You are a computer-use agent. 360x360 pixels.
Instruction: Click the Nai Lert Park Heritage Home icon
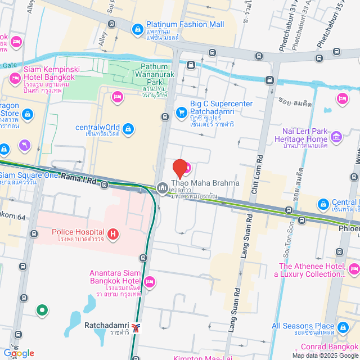pos(336,136)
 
